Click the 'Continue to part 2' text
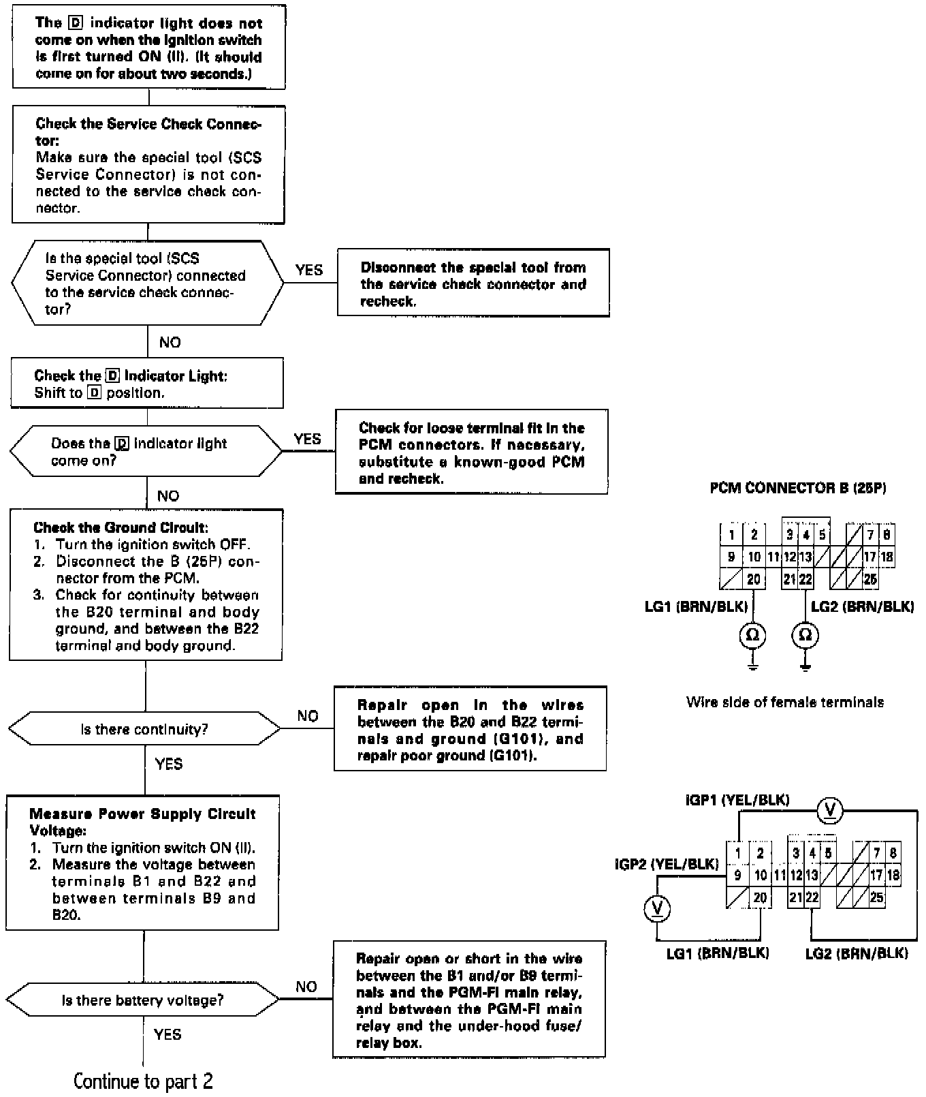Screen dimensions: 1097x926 point(143,1081)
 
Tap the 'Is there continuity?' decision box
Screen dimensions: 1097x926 point(144,729)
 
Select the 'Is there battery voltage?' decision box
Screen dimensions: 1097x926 point(142,1000)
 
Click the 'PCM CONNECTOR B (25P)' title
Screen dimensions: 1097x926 point(798,488)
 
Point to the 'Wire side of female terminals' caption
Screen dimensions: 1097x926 point(785,702)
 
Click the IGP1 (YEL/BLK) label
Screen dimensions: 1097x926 point(737,800)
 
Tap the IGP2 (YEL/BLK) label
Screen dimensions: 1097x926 point(667,864)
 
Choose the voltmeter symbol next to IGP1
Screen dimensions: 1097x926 point(830,809)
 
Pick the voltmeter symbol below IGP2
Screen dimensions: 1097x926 point(657,908)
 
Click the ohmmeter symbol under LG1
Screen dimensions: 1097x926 point(752,635)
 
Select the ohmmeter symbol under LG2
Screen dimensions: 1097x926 point(805,635)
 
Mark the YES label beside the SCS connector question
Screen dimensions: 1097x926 point(309,271)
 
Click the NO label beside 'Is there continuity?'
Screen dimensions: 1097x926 point(308,716)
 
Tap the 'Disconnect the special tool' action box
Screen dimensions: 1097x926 point(473,284)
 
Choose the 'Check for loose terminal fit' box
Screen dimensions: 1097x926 point(471,452)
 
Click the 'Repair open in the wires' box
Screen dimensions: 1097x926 point(470,730)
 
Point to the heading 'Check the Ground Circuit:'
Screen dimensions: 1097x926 point(121,527)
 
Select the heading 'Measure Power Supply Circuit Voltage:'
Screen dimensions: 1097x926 point(142,822)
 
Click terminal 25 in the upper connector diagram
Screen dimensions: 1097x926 point(869,580)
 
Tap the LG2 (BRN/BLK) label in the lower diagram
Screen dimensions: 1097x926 point(857,953)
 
